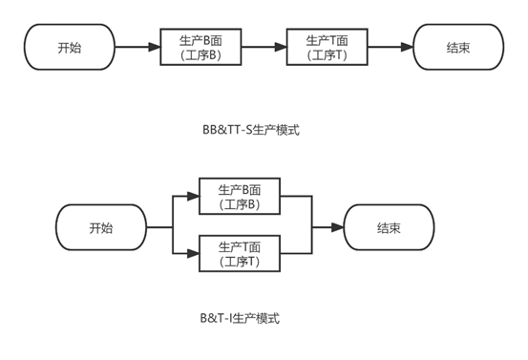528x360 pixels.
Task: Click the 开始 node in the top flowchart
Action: click(x=70, y=47)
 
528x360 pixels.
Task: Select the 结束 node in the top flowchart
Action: click(x=458, y=47)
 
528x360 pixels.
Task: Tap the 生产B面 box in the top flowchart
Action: click(x=201, y=47)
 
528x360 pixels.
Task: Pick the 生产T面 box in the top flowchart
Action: click(x=327, y=47)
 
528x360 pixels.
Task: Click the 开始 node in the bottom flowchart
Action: click(x=101, y=227)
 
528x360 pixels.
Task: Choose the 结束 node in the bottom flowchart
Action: click(x=389, y=227)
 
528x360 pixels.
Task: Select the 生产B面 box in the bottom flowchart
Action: click(x=240, y=196)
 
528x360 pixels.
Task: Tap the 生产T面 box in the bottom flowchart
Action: click(x=240, y=253)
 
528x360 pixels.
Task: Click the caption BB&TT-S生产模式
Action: click(x=251, y=130)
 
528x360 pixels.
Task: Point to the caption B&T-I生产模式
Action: click(x=240, y=318)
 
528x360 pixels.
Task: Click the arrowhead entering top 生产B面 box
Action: click(x=155, y=47)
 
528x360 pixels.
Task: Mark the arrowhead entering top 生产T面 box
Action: click(x=281, y=47)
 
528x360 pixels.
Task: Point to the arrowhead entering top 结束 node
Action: click(x=407, y=47)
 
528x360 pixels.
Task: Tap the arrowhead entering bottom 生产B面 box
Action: click(x=193, y=196)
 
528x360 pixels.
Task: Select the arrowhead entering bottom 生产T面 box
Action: click(x=193, y=253)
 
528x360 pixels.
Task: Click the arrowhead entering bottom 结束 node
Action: click(x=337, y=227)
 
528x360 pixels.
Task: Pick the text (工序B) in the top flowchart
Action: click(x=201, y=54)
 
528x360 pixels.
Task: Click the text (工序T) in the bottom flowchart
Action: click(x=240, y=262)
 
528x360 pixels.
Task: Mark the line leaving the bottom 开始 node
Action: click(x=159, y=227)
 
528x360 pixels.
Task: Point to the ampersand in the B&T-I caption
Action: click(x=212, y=318)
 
